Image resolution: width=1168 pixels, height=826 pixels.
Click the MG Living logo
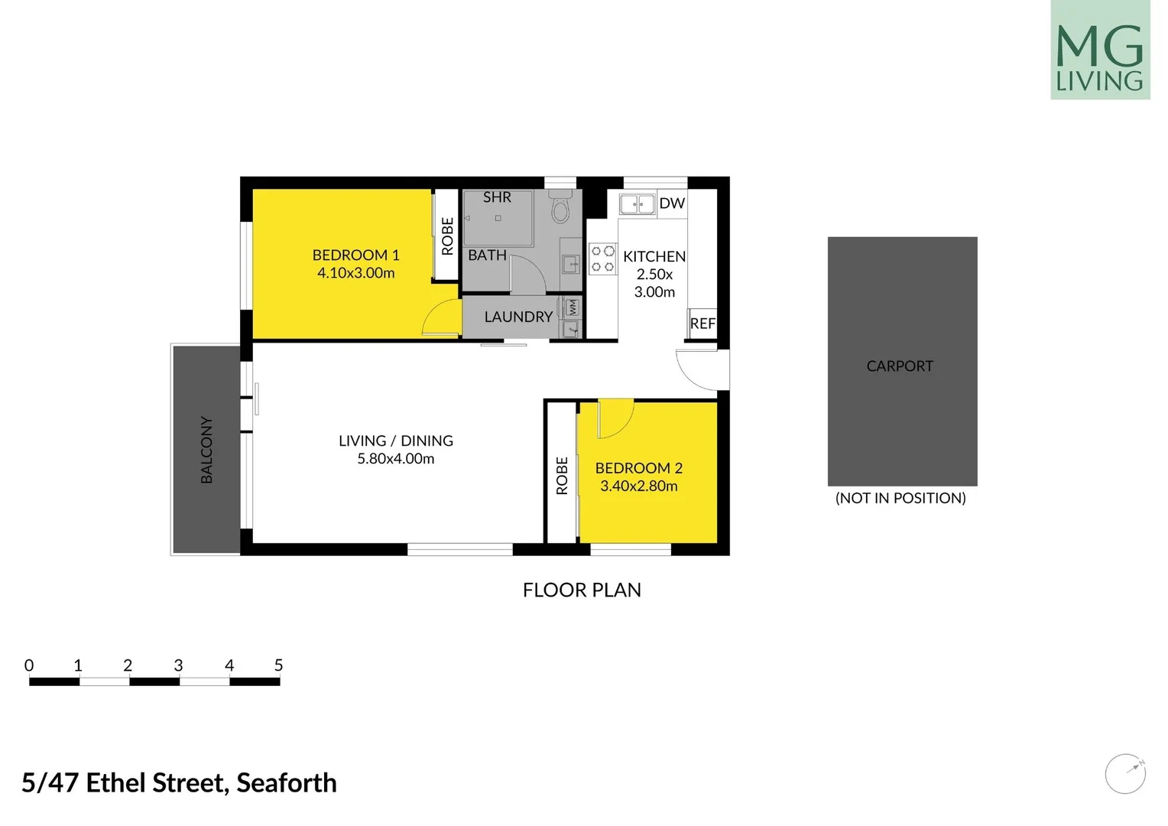click(x=1099, y=50)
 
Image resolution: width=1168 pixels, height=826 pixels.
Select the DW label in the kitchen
click(x=672, y=203)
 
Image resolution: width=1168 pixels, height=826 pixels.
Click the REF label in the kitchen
click(x=702, y=324)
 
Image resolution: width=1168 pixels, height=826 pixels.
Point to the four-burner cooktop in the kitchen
click(x=602, y=259)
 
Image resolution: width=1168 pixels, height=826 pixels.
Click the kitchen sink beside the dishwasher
click(x=637, y=204)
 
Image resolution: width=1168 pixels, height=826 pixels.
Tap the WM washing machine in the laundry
click(x=573, y=307)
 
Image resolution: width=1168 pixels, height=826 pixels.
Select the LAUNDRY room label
click(x=518, y=317)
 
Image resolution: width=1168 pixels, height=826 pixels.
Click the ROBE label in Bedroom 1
click(x=447, y=236)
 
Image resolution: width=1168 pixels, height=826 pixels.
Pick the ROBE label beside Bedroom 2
click(x=562, y=476)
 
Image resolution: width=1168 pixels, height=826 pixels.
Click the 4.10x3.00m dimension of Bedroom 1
click(x=356, y=273)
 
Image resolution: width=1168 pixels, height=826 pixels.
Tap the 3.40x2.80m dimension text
click(x=639, y=486)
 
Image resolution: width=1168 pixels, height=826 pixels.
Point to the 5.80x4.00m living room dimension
click(x=396, y=459)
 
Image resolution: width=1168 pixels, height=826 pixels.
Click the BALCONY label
click(x=206, y=450)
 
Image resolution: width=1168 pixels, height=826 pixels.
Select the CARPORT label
click(x=900, y=366)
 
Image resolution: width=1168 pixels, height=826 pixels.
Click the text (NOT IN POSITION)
click(x=900, y=498)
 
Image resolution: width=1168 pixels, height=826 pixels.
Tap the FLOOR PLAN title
click(x=582, y=590)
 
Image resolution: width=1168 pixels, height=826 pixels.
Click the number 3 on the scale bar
click(x=178, y=665)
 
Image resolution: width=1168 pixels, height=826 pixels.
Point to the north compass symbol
click(x=1125, y=773)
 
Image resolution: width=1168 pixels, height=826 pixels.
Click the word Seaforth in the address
click(x=287, y=783)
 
